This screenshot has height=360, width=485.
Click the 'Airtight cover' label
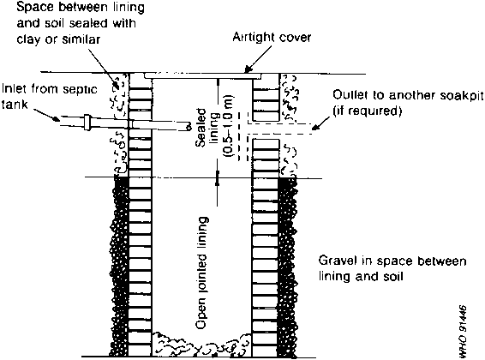(x=272, y=38)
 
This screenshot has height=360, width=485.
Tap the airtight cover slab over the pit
(x=203, y=75)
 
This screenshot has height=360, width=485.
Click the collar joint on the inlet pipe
(x=87, y=123)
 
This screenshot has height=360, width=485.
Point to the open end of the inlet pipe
(x=188, y=126)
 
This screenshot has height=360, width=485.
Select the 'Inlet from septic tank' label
(x=50, y=96)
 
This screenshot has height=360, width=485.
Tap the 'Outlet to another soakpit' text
(x=408, y=95)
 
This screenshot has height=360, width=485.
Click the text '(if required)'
(x=367, y=111)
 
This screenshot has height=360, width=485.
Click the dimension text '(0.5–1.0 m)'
(x=229, y=125)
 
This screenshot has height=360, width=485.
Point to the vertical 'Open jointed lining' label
(x=201, y=273)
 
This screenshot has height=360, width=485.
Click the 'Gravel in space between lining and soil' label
(x=392, y=268)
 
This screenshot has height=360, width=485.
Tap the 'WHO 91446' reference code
(x=463, y=332)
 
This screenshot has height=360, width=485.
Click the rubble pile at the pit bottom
(x=202, y=344)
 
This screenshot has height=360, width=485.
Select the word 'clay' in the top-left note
(x=28, y=39)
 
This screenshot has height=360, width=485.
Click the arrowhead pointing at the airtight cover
(x=248, y=69)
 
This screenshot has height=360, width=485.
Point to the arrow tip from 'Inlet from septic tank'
(x=57, y=119)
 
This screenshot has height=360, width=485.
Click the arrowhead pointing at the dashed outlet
(x=314, y=127)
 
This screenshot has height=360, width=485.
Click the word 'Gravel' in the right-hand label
(x=337, y=261)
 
